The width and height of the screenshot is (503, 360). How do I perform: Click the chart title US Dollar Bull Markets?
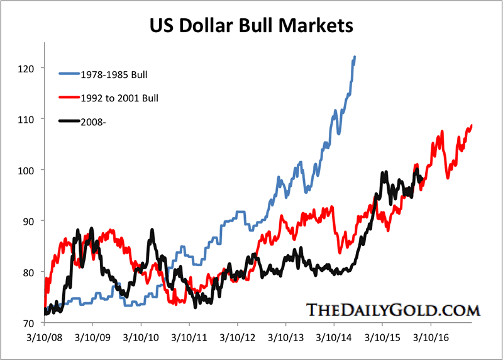[x=251, y=26]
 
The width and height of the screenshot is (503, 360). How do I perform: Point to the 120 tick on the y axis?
[x=28, y=68]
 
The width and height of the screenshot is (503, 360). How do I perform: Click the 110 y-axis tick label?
[x=28, y=119]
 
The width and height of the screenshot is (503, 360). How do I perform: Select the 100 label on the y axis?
[x=28, y=170]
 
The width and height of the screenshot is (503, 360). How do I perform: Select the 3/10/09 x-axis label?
[x=92, y=337]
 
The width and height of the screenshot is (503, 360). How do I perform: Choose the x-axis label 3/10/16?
[x=431, y=337]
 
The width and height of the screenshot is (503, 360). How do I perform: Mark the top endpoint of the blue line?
[x=355, y=57]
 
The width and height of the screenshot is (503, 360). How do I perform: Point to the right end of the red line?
[x=472, y=126]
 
